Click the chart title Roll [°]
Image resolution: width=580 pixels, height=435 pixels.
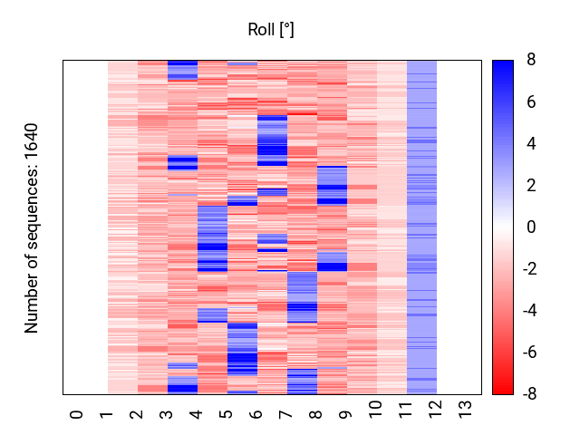click(x=271, y=30)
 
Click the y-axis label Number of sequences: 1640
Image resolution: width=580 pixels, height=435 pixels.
click(x=33, y=227)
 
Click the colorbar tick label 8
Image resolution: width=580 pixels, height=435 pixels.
click(x=530, y=60)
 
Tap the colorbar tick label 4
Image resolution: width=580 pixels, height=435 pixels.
click(x=530, y=143)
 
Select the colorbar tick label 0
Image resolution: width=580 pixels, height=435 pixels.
click(x=530, y=227)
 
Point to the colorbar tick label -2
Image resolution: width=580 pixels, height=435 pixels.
click(x=527, y=268)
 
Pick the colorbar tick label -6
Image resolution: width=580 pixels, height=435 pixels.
click(x=527, y=352)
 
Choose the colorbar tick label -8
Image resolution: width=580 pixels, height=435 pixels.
click(x=527, y=393)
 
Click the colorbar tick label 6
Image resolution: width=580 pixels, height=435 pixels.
click(x=530, y=101)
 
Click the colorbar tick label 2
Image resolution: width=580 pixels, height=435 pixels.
click(x=530, y=185)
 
